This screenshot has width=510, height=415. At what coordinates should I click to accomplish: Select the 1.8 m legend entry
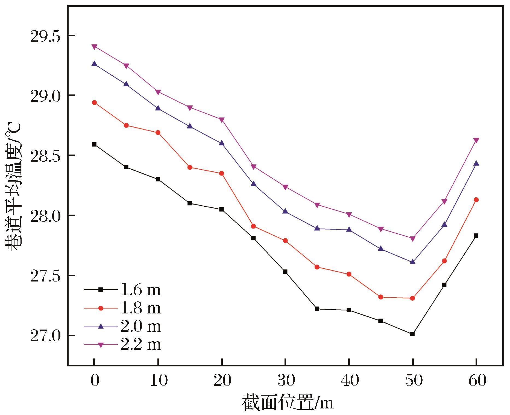click(x=122, y=308)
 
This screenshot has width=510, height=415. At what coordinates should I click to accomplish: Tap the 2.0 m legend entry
click(x=122, y=327)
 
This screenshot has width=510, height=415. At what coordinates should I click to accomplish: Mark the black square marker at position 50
click(x=412, y=334)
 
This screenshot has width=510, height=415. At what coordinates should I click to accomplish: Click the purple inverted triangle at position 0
click(x=94, y=47)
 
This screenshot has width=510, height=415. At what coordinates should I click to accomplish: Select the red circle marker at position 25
click(x=253, y=226)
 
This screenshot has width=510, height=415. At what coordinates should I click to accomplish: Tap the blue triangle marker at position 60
click(x=476, y=163)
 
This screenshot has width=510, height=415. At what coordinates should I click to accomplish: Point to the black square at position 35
click(x=317, y=309)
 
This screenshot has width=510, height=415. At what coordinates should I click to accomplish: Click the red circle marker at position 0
click(x=94, y=103)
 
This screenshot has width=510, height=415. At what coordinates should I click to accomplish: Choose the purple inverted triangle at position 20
click(x=222, y=120)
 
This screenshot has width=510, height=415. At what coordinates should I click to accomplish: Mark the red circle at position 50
click(x=412, y=298)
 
